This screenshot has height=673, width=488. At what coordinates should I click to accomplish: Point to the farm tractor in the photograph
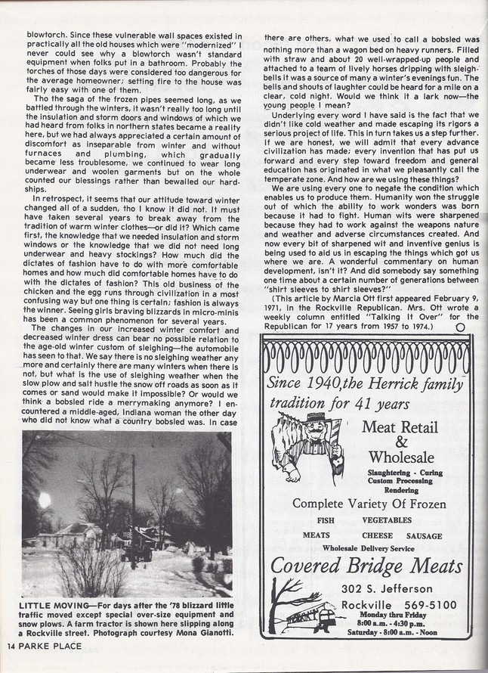141,552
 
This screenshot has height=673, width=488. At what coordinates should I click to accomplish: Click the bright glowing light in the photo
45,500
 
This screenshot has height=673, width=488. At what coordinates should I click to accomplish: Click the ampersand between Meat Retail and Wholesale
401,442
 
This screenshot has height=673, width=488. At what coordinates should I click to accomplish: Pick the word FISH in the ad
326,520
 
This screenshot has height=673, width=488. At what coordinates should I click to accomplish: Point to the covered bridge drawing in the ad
307,612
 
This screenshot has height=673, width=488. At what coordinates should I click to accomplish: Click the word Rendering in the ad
401,488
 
